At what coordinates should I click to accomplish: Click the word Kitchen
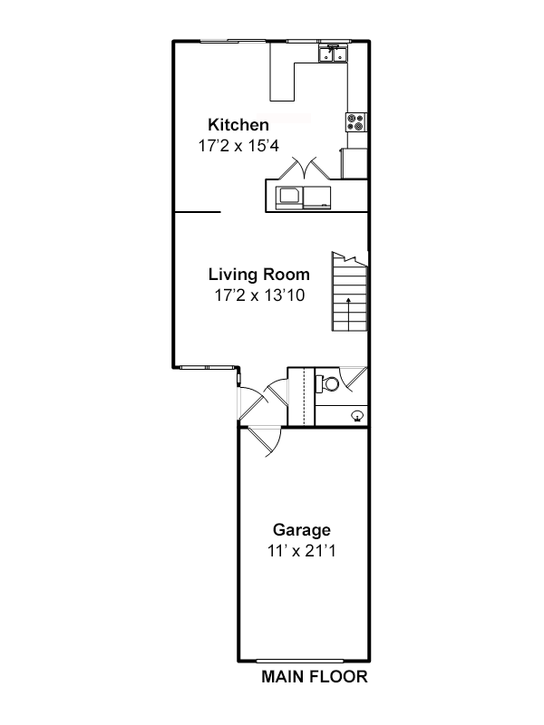pyautogui.click(x=238, y=125)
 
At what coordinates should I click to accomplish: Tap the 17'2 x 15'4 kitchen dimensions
pyautogui.click(x=238, y=146)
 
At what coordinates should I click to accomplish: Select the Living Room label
pyautogui.click(x=259, y=275)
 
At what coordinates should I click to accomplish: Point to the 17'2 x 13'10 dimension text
pyautogui.click(x=259, y=295)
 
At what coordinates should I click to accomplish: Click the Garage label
pyautogui.click(x=302, y=530)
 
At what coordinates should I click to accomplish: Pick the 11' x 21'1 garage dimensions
pyautogui.click(x=302, y=551)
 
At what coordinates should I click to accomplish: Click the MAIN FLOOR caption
pyautogui.click(x=315, y=677)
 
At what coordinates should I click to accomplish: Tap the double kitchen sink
pyautogui.click(x=333, y=53)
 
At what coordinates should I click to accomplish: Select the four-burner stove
pyautogui.click(x=356, y=122)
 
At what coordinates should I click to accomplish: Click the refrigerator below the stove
pyautogui.click(x=355, y=163)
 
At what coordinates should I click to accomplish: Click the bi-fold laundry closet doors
pyautogui.click(x=305, y=169)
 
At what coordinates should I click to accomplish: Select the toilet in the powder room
pyautogui.click(x=327, y=383)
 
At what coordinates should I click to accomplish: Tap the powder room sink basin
pyautogui.click(x=357, y=416)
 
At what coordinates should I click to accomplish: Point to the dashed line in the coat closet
pyautogui.click(x=304, y=396)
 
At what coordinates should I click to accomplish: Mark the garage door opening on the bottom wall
pyautogui.click(x=300, y=662)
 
